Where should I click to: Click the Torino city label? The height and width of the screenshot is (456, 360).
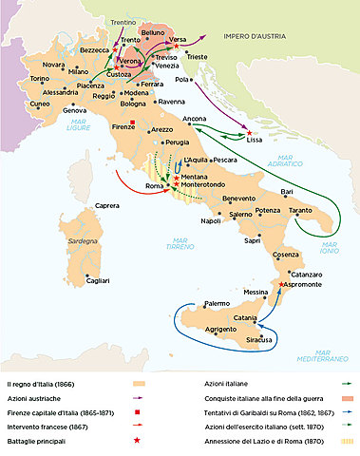[x=39, y=78]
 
